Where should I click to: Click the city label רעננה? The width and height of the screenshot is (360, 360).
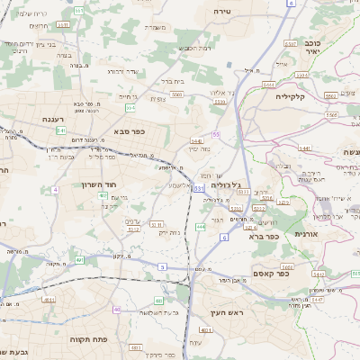pos(51,119)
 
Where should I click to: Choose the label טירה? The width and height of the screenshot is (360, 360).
pos(224,11)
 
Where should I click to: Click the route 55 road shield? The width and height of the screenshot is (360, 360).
pos(216,133)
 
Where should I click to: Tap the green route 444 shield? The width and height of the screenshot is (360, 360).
pos(200,228)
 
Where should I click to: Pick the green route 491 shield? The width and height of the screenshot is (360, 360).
pos(79,260)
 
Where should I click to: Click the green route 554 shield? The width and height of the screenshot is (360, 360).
pos(130,108)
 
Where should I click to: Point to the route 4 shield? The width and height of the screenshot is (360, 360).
pos(55,190)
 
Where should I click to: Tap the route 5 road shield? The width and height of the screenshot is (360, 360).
pos(163,266)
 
